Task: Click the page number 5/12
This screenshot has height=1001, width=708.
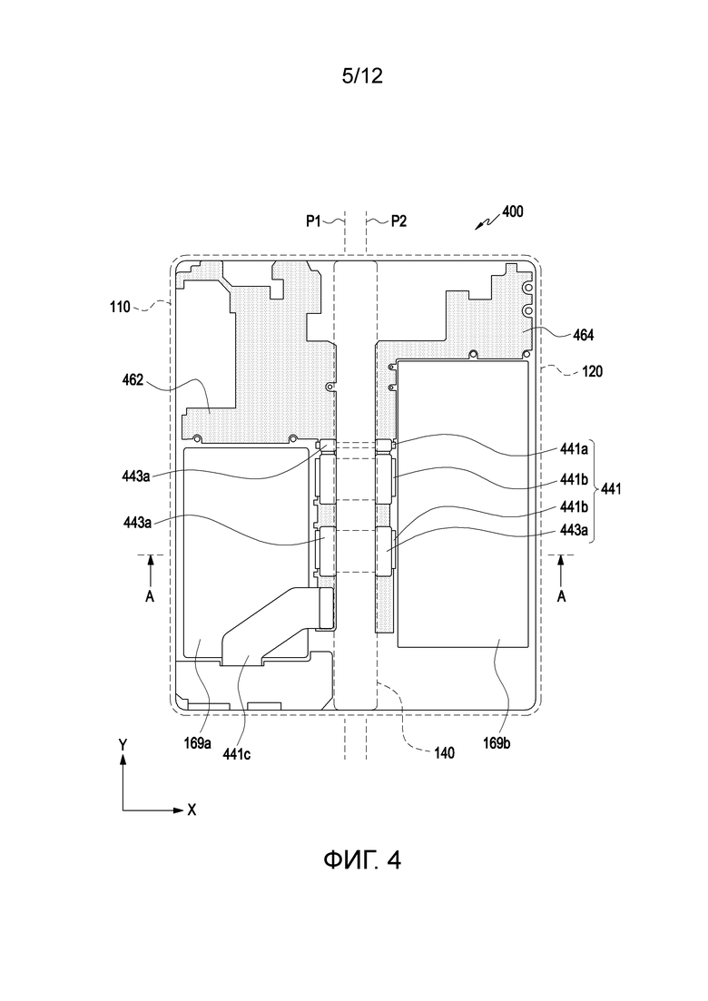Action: click(x=362, y=76)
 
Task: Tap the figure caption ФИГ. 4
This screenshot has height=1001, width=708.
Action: click(x=362, y=860)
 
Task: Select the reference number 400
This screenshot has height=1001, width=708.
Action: click(x=513, y=211)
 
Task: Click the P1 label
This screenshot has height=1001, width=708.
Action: click(x=313, y=221)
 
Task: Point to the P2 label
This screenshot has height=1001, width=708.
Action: click(x=399, y=221)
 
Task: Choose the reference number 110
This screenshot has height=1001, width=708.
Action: click(x=120, y=307)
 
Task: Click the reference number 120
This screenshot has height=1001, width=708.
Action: click(x=592, y=371)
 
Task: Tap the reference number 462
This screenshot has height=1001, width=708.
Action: click(x=133, y=382)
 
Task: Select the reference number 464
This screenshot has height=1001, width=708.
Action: click(x=583, y=335)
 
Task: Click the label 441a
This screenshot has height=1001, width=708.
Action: click(x=574, y=449)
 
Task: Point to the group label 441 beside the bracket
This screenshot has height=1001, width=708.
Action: click(x=611, y=490)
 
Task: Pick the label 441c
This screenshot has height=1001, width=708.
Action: click(x=236, y=754)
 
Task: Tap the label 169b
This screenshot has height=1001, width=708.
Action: click(x=497, y=743)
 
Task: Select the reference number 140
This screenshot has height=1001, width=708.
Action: click(x=444, y=753)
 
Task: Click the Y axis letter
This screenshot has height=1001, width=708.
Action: click(x=123, y=744)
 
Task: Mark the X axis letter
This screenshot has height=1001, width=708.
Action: click(x=192, y=810)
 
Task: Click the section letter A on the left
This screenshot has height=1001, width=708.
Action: click(x=150, y=595)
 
